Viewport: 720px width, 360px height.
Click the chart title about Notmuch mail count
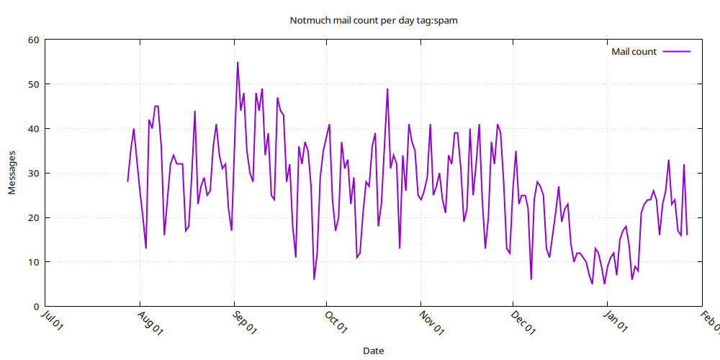click(373, 20)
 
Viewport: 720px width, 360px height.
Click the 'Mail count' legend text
click(634, 52)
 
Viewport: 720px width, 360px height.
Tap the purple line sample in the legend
click(677, 52)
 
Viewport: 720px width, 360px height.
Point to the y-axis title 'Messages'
click(12, 173)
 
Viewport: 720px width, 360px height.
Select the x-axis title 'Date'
click(373, 351)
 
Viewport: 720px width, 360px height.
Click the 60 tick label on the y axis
click(32, 40)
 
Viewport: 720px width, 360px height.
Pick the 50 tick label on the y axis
click(32, 84)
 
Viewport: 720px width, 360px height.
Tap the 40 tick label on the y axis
click(32, 129)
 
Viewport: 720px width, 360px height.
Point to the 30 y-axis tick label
click(32, 174)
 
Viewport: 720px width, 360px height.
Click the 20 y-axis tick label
click(32, 217)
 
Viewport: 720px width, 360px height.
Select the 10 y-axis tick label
click(32, 262)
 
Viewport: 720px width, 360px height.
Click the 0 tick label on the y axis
click(35, 307)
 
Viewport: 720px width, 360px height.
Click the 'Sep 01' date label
click(244, 322)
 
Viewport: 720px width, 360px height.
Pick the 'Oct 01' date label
click(336, 322)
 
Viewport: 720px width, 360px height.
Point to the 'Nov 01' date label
click(431, 322)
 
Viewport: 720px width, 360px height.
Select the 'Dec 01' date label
click(523, 322)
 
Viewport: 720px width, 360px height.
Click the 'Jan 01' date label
click(617, 322)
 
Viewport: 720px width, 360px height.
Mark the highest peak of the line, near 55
click(238, 63)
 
